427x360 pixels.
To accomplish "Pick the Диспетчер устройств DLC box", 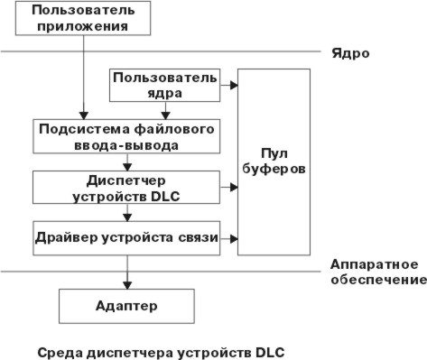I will coord(125,187).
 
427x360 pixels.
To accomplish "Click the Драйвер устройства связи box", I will coord(125,237).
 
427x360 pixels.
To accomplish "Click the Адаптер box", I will coord(125,306).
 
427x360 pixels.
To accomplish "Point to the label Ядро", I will coord(355,53).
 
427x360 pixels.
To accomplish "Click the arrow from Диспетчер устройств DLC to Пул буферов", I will coord(228,188).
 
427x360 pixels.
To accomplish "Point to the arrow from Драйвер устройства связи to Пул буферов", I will coord(228,239).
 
